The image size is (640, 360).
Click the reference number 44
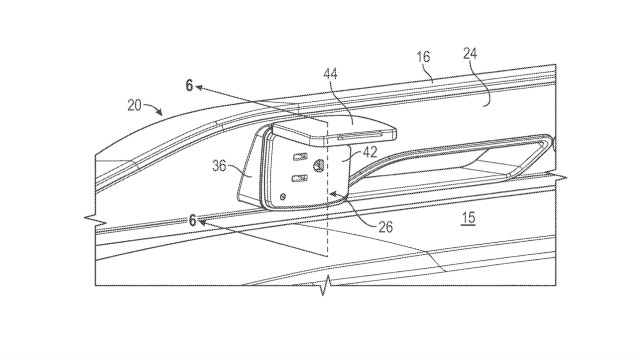pos(331,74)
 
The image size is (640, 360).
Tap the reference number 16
pos(423,56)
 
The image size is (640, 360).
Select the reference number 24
pos(470,53)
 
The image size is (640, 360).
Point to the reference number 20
pos(134,106)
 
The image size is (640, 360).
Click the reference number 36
pos(220,166)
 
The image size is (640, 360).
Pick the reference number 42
pos(370,152)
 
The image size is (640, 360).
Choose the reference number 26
pos(385,227)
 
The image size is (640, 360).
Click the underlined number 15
pos(469,218)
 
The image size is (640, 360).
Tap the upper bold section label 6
pos(189,86)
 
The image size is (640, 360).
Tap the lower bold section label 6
pos(193,221)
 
